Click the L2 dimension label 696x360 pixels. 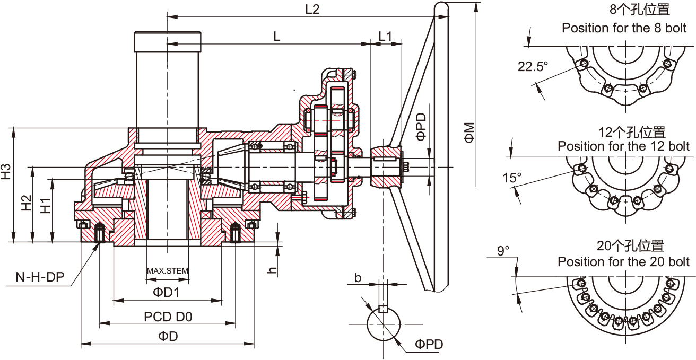point(312,9)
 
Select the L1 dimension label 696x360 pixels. point(385,36)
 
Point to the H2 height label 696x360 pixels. point(27,204)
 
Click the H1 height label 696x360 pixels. point(46,205)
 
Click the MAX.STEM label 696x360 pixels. point(168,271)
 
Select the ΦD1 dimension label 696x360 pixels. point(167,292)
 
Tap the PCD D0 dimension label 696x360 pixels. point(168,317)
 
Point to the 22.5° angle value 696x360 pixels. point(533,66)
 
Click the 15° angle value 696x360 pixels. point(512,178)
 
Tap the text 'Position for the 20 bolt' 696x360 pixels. point(623,262)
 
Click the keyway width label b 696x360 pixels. point(358,277)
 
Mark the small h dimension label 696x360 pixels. point(272,269)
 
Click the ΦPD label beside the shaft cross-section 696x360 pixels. point(429,344)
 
